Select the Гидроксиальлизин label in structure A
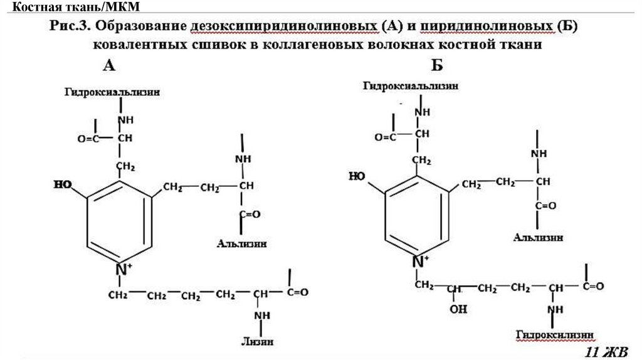(x=111, y=92)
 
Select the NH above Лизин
(x=260, y=315)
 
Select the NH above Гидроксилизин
(x=554, y=310)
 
